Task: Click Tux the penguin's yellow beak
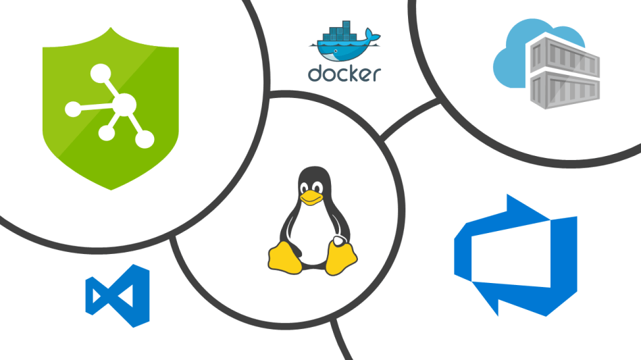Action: tap(311, 197)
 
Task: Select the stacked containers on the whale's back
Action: tap(337, 32)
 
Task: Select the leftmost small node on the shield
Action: tap(72, 107)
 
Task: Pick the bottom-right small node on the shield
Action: tap(145, 139)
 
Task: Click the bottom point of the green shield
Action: tap(111, 189)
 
